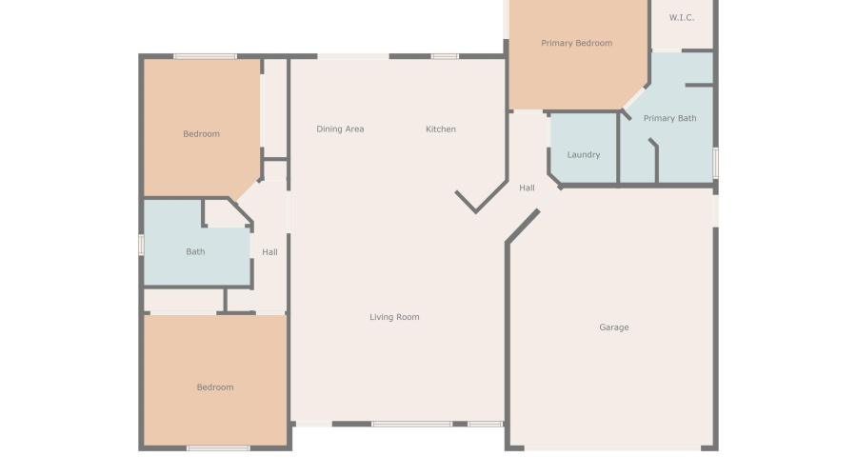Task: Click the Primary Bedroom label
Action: pos(576,43)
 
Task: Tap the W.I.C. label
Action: pos(681,17)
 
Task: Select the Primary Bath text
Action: pos(669,118)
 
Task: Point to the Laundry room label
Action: pos(583,154)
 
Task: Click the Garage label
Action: pos(613,327)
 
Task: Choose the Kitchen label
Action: pos(440,129)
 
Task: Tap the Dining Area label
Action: pos(340,129)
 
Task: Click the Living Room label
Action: pos(394,317)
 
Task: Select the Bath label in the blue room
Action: pos(195,252)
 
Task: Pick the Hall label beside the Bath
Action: pos(269,252)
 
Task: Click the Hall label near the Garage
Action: pos(527,188)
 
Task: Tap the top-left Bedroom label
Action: pos(201,134)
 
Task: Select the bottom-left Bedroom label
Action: pos(214,387)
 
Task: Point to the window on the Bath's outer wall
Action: pos(141,245)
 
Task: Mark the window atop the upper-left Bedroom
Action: pos(205,56)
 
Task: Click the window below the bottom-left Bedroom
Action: pos(218,447)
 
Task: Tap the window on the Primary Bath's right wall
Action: pos(715,162)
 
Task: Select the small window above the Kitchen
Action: pos(445,56)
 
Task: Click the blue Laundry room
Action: pos(583,143)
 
